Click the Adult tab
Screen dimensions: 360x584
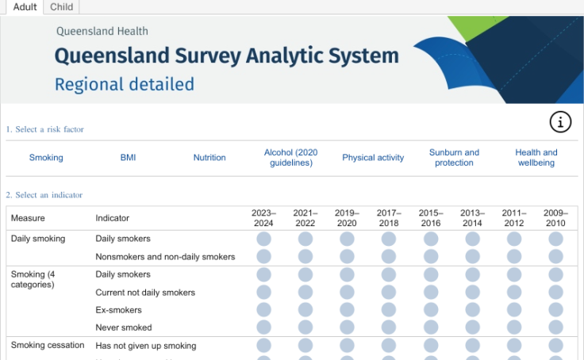point(25,7)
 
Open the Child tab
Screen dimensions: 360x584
point(61,7)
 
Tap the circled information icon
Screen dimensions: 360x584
point(560,121)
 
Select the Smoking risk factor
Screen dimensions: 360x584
point(46,158)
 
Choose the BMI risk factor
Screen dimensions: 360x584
point(128,158)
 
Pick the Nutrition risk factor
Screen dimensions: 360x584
point(209,158)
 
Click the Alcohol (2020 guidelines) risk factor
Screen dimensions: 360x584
point(291,158)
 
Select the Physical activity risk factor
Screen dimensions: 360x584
point(373,158)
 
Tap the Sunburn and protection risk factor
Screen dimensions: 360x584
point(455,158)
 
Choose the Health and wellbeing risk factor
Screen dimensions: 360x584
point(536,158)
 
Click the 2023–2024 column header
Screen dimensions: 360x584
point(263,218)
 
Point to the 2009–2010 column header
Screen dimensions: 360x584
point(555,218)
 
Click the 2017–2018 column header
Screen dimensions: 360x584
point(388,218)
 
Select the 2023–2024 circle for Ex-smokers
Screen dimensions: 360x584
point(263,310)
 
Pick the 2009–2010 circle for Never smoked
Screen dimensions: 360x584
point(555,327)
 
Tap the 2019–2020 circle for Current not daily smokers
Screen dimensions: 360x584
point(347,293)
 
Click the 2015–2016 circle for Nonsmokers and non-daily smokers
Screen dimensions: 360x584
point(430,257)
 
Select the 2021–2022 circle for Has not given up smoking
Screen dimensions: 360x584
point(305,346)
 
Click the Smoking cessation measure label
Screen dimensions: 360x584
point(48,346)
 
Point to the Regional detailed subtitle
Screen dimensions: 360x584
point(125,84)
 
